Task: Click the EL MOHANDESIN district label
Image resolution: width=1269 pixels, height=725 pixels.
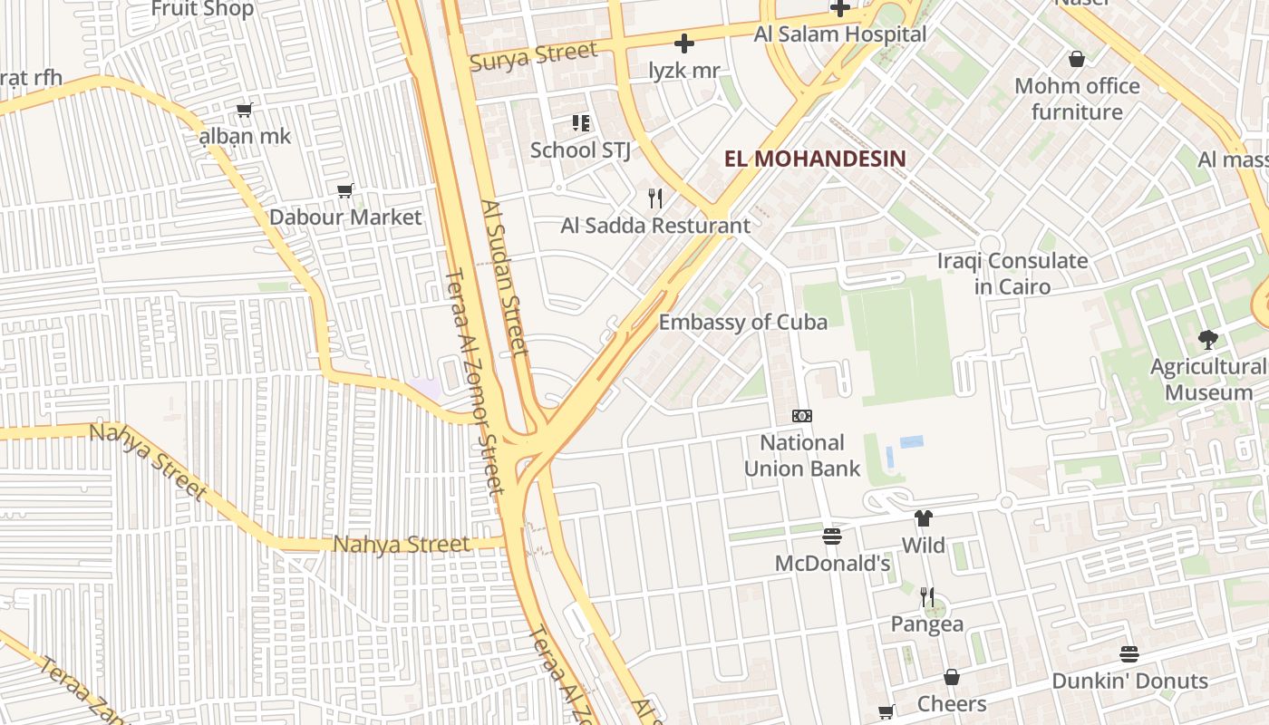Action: coord(815,159)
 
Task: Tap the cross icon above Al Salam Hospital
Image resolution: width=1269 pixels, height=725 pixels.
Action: coord(840,8)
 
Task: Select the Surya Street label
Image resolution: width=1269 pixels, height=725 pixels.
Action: coord(534,56)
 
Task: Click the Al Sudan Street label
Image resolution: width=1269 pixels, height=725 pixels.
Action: coord(504,278)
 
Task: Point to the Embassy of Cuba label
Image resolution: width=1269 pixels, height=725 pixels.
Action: coord(742,322)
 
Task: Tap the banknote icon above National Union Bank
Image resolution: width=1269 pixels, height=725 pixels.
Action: coord(802,416)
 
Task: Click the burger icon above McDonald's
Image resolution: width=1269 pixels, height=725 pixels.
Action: coord(832,536)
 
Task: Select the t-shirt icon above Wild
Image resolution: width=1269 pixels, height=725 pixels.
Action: coord(923,518)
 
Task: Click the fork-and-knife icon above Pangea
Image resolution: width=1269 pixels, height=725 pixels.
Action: coord(926,596)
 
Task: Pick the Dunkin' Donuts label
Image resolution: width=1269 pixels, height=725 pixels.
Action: coord(1129,681)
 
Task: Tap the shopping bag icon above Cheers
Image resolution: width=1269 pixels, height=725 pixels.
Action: coord(952,677)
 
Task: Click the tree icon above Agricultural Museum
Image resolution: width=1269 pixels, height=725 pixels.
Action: coord(1207,340)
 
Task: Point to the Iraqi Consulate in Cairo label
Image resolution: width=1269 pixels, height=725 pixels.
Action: coord(1012,274)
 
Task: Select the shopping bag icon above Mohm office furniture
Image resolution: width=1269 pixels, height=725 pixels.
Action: coord(1077,59)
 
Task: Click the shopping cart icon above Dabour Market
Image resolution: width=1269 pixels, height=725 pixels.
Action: coord(344,190)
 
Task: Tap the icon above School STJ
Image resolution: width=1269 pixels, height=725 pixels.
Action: coord(580,122)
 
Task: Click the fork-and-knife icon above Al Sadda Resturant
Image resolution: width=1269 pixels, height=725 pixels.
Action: coord(655,198)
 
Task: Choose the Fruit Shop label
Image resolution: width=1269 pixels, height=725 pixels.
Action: coord(202,9)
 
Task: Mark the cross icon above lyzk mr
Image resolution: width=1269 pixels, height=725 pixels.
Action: coord(684,43)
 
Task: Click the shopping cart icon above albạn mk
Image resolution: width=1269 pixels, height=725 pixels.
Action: coord(244,111)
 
